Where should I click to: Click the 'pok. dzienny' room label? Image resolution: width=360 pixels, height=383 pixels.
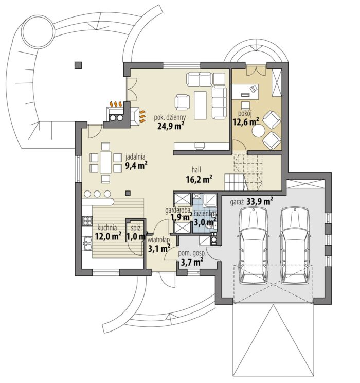(170, 118)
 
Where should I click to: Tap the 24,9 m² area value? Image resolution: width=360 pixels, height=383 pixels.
(170, 127)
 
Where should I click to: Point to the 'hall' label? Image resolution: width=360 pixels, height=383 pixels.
(196, 170)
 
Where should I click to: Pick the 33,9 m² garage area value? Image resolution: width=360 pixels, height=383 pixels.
(260, 202)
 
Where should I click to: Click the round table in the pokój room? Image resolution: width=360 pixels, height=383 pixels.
(259, 131)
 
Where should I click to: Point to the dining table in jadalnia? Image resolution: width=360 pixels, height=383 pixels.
(105, 163)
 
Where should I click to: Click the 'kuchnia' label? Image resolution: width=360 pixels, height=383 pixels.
(107, 228)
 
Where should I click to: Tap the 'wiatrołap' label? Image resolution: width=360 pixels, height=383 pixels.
(158, 240)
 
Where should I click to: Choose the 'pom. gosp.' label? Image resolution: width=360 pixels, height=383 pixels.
(192, 253)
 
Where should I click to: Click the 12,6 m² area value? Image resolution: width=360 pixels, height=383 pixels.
(246, 121)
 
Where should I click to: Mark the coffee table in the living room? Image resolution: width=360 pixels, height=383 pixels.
(201, 106)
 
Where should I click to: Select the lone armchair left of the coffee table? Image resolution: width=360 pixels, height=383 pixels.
(183, 102)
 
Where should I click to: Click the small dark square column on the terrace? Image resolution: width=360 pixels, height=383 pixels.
(78, 65)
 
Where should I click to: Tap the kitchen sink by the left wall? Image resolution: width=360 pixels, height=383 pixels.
(87, 243)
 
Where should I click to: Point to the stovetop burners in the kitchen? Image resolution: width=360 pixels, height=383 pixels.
(87, 220)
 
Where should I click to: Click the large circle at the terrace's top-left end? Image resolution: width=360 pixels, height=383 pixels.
(38, 32)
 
